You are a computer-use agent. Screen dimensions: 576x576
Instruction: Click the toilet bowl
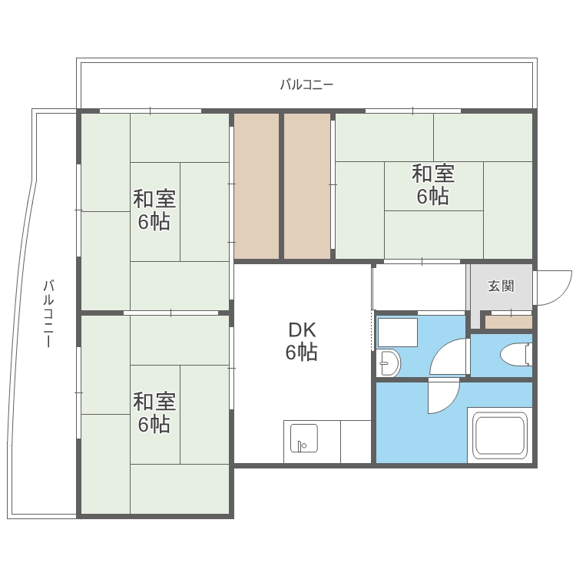coord(513,355)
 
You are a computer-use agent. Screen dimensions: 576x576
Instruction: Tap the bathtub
coord(500,435)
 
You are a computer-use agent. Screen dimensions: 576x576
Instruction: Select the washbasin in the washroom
coord(389,363)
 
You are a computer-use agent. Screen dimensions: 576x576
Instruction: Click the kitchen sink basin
coord(304,438)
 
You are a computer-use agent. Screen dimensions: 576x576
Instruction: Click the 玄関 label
coord(501,286)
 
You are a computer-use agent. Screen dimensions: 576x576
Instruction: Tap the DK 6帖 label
coord(302,341)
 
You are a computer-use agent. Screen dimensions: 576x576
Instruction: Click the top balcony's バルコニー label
coord(306,84)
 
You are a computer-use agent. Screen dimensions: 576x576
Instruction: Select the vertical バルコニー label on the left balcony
coord(48,313)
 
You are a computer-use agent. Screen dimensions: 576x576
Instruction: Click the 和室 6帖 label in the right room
coord(433,185)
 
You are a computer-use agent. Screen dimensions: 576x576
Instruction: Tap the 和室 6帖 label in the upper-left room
coord(154,210)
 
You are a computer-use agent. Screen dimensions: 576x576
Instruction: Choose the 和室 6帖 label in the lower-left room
coord(154,412)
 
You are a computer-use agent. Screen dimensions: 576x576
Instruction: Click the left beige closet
coord(257,186)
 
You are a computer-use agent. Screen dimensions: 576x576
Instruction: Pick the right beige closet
coord(307,186)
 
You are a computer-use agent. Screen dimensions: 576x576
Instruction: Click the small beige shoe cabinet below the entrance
coord(508,322)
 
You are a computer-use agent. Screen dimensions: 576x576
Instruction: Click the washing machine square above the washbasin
coord(398,333)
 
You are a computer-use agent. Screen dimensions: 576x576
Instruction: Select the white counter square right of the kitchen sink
coord(356,442)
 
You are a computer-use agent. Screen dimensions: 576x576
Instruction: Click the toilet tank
coord(529,354)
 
